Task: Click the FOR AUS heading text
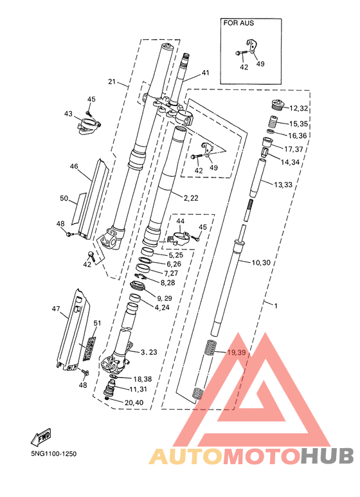point(239,23)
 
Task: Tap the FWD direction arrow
point(41,437)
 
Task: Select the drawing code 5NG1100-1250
point(53,453)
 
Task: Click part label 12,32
point(298,109)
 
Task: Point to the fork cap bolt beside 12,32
point(278,105)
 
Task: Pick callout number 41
point(206,73)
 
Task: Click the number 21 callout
point(112,82)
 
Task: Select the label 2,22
point(191,198)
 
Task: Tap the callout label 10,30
point(261,262)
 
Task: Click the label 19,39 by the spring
point(237,352)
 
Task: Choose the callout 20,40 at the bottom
point(134,402)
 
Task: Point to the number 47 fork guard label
point(56,309)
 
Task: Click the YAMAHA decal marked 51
point(89,348)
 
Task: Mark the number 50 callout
point(64,199)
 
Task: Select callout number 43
point(68,113)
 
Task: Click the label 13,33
point(283,185)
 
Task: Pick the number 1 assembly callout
point(276,306)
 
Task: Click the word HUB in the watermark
point(327,456)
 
